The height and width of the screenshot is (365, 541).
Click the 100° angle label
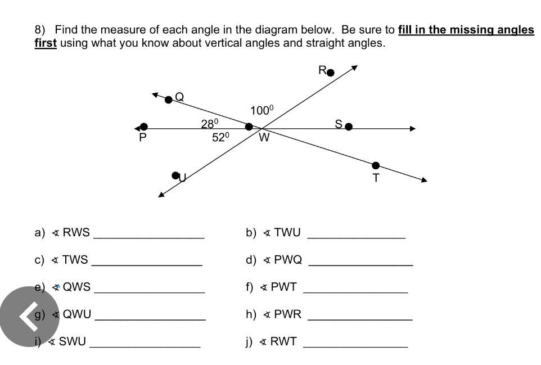click(x=262, y=110)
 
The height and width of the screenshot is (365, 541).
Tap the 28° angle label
click(x=210, y=123)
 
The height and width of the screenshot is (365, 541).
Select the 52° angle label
click(x=220, y=137)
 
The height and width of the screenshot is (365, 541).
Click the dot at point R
click(x=331, y=73)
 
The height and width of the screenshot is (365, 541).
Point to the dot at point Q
click(x=168, y=100)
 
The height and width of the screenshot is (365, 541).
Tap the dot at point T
click(x=376, y=165)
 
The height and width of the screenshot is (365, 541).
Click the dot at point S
click(x=349, y=127)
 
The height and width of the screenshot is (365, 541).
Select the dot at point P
click(x=144, y=127)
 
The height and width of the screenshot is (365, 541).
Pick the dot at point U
click(x=175, y=175)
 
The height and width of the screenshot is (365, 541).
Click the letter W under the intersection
click(x=264, y=137)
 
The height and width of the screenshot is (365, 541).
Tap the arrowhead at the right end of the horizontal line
click(x=413, y=129)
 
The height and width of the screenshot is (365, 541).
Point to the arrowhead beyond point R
click(x=354, y=67)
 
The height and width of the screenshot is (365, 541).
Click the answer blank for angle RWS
click(x=149, y=238)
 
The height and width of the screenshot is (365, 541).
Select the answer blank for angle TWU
click(x=357, y=238)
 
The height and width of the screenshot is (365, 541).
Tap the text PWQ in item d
click(x=288, y=259)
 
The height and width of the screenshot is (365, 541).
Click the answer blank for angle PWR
click(x=360, y=319)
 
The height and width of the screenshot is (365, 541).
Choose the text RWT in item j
click(x=283, y=341)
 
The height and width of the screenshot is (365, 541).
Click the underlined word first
click(x=46, y=43)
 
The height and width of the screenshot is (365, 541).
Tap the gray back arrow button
click(x=30, y=317)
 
